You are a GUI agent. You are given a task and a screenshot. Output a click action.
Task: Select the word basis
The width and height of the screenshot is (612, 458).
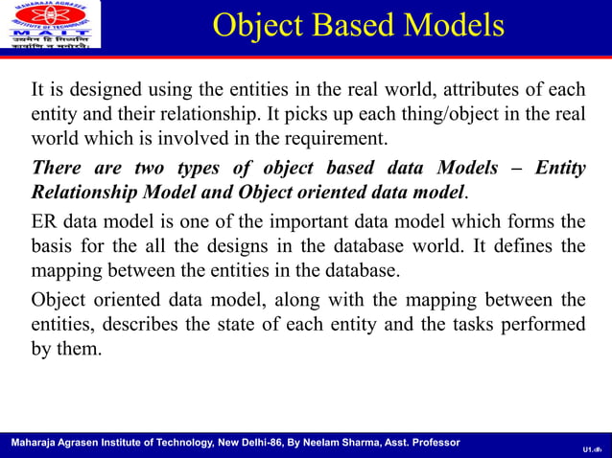click(x=55, y=246)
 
